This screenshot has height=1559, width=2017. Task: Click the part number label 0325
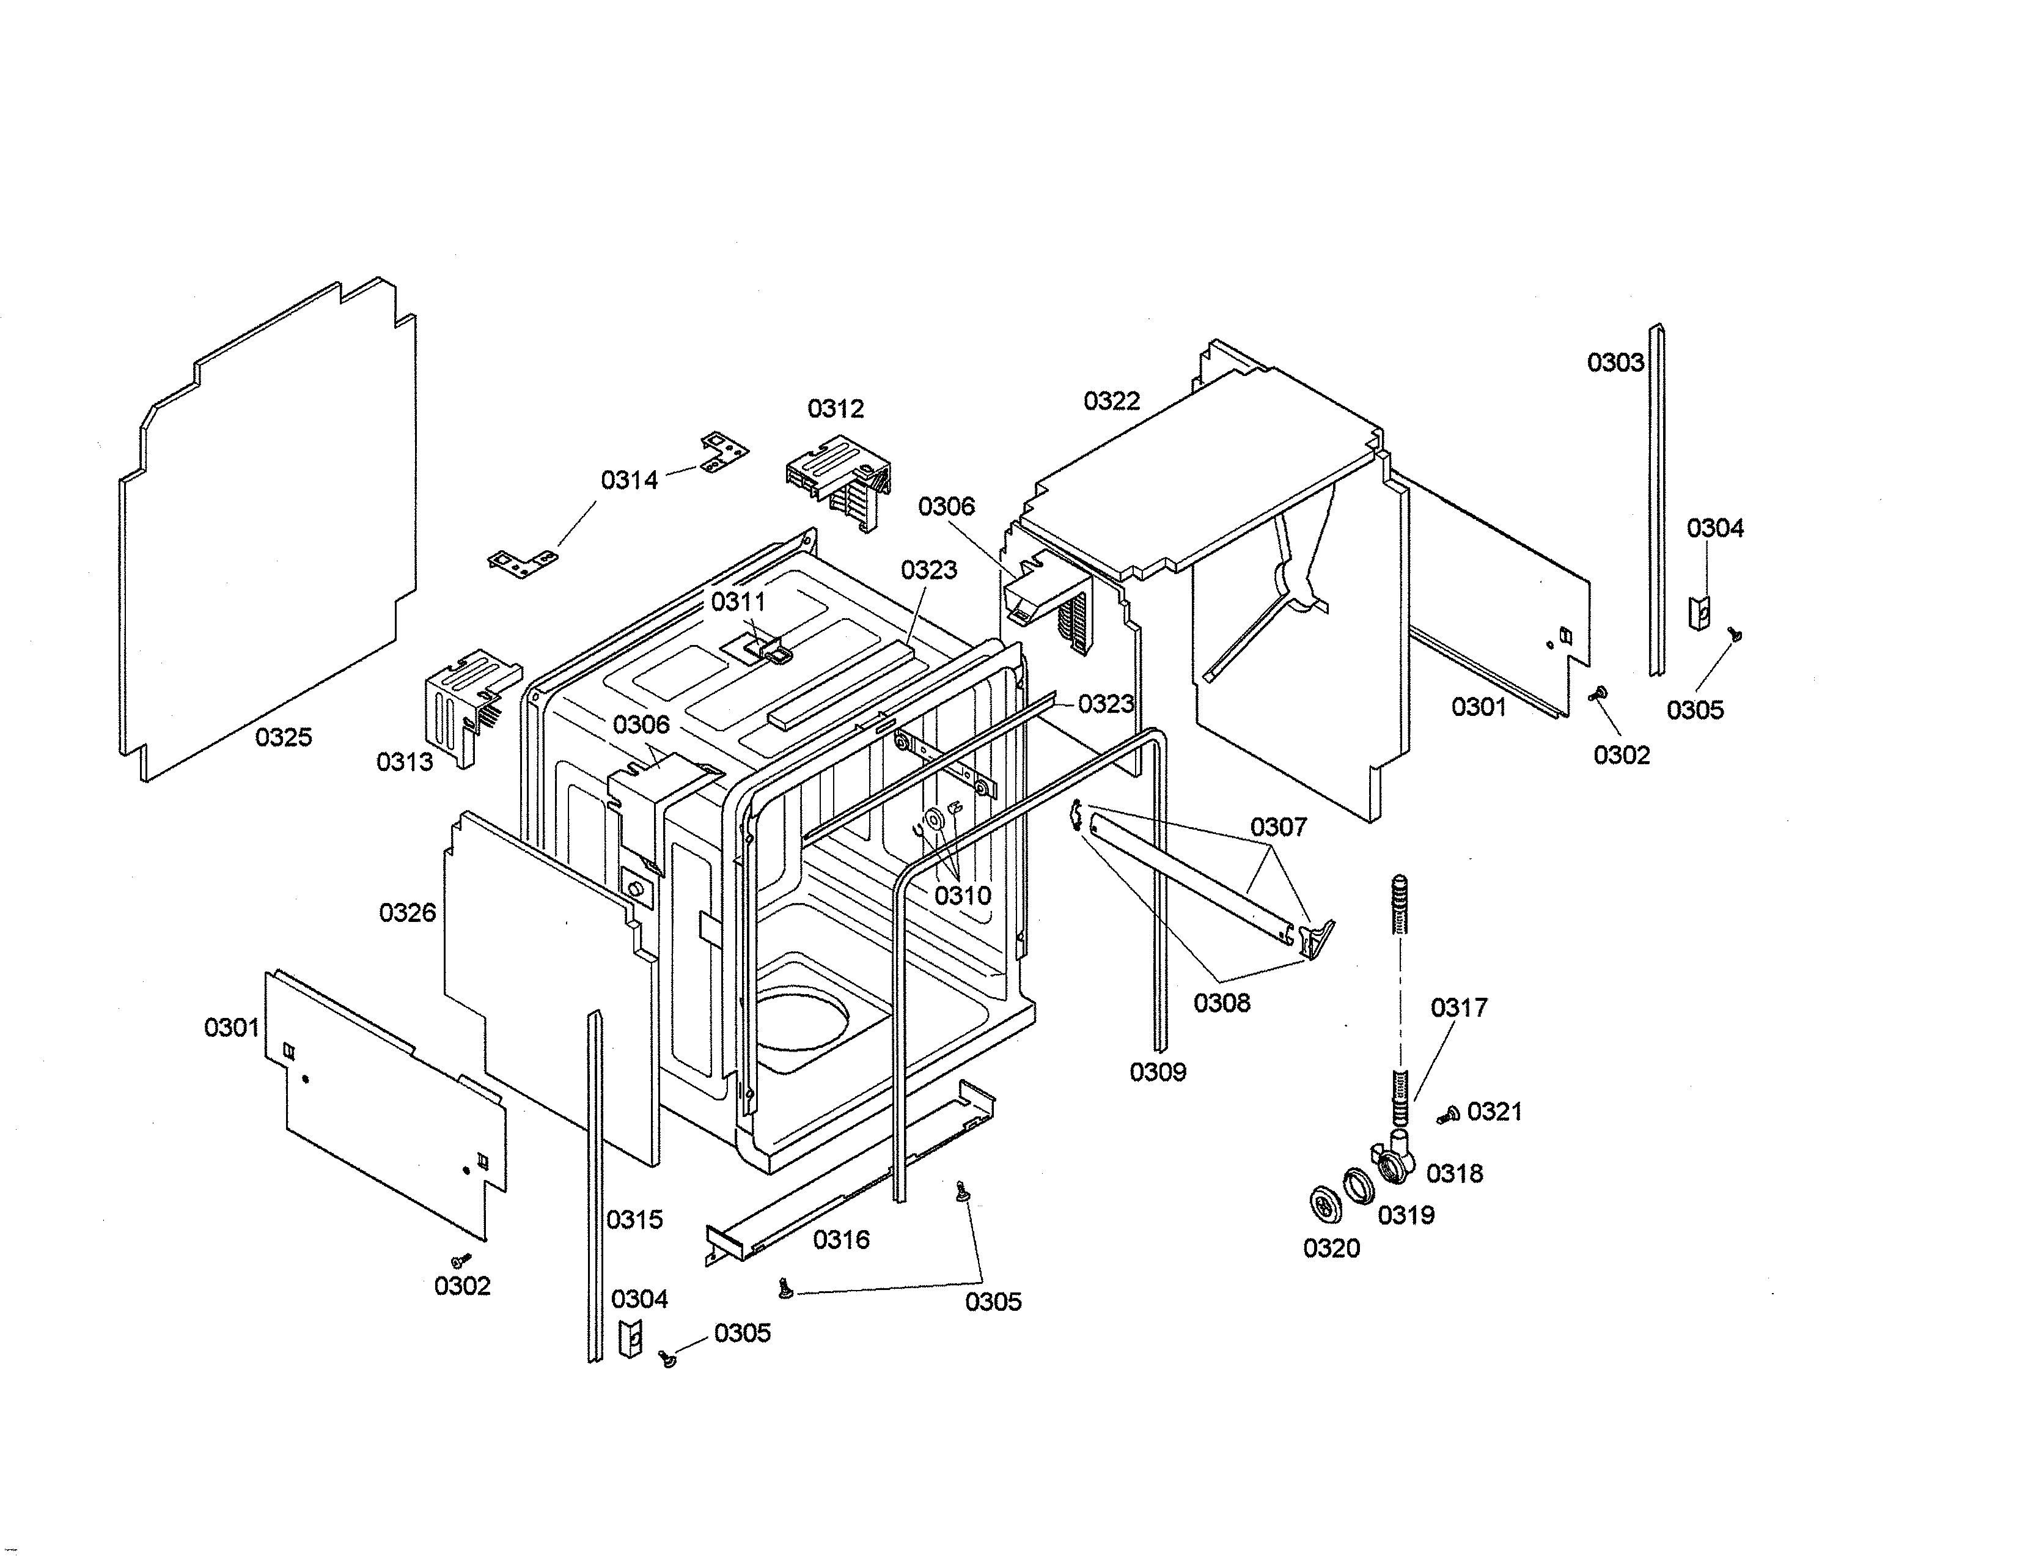click(x=284, y=737)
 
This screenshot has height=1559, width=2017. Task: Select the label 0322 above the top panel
click(x=1111, y=401)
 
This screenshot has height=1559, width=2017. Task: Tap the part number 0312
click(x=835, y=408)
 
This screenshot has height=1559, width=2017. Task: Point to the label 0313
click(x=405, y=762)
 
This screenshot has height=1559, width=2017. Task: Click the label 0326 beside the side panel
click(x=407, y=913)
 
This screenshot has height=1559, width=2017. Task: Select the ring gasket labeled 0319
click(x=1358, y=1186)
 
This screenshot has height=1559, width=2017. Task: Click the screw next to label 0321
click(x=1447, y=1116)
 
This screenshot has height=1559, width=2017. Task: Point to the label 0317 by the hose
click(x=1458, y=1007)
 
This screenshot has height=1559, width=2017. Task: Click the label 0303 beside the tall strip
click(x=1615, y=362)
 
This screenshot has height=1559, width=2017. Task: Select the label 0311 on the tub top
click(x=738, y=602)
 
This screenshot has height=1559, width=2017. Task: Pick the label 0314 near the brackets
click(x=629, y=481)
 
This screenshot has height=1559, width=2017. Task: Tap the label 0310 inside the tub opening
click(x=962, y=895)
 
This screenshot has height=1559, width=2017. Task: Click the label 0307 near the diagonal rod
click(x=1278, y=827)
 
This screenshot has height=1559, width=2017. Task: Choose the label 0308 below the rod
click(x=1221, y=1003)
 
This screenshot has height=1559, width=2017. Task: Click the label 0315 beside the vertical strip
click(x=634, y=1220)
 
